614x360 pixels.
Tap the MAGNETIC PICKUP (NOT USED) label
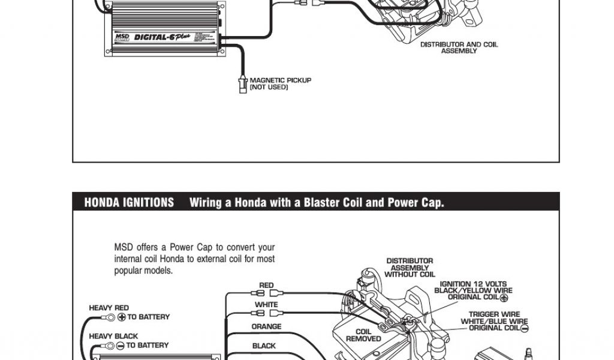(x=280, y=83)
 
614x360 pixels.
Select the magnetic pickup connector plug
(x=242, y=84)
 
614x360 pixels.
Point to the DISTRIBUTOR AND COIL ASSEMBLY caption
(x=459, y=47)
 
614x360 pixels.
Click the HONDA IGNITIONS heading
(x=129, y=203)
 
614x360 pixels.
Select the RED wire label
(x=266, y=286)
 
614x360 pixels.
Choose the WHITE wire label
(x=266, y=305)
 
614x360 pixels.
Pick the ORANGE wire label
(x=266, y=327)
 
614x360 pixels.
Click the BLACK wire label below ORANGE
(x=264, y=346)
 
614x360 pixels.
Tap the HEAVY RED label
(x=109, y=308)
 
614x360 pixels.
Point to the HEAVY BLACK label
(x=113, y=336)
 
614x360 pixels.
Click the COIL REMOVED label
(x=363, y=335)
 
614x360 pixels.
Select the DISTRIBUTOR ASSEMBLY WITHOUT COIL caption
(x=410, y=268)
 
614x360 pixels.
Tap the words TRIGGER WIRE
(x=494, y=314)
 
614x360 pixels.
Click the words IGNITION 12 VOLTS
(x=473, y=284)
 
